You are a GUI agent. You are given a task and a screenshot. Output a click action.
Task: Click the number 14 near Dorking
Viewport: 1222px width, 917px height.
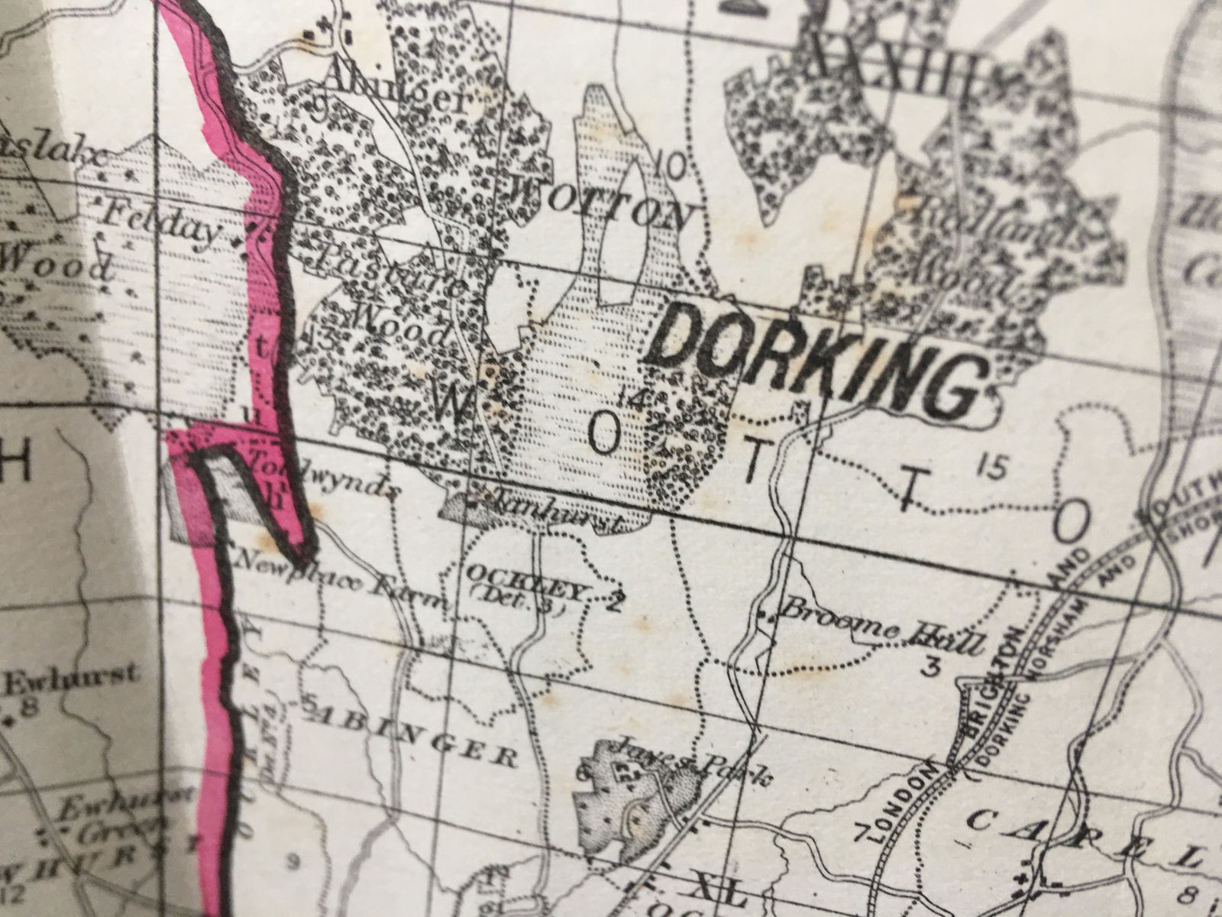pyautogui.click(x=633, y=397)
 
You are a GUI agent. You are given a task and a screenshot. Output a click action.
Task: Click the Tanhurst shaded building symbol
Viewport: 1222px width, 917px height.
pyautogui.click(x=462, y=504)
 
